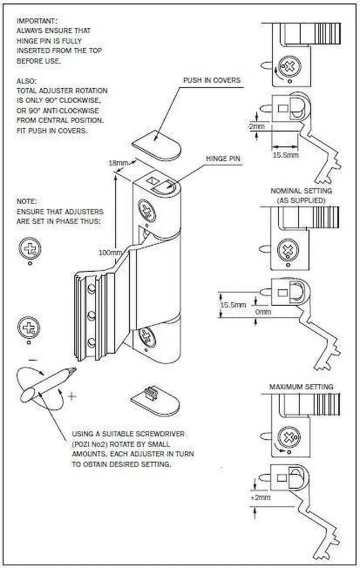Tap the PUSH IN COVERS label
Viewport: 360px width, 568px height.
212,80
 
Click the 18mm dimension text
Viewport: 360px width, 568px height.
119,164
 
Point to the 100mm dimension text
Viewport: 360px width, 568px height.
110,253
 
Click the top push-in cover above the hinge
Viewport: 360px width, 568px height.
157,144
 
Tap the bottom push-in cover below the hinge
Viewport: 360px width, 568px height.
156,400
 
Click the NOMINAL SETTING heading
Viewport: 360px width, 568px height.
301,191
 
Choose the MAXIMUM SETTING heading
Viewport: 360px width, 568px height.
301,387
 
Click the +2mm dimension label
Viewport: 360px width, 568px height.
261,498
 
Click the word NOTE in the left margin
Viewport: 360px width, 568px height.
27,201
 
